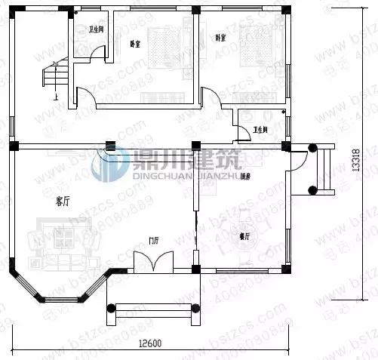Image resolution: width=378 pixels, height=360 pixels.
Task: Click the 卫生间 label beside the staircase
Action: pyautogui.click(x=96, y=30)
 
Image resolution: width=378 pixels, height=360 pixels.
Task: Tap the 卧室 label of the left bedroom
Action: pyautogui.click(x=136, y=43)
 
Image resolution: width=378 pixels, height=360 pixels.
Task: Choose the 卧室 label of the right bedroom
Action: pyautogui.click(x=220, y=38)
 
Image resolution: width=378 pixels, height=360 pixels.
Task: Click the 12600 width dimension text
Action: pyautogui.click(x=150, y=344)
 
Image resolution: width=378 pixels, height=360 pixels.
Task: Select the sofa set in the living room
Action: pyautogui.click(x=64, y=238)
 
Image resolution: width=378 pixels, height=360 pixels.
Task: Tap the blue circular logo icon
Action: pyautogui.click(x=109, y=165)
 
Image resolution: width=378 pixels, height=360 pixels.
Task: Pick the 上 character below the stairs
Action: pyautogui.click(x=55, y=97)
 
